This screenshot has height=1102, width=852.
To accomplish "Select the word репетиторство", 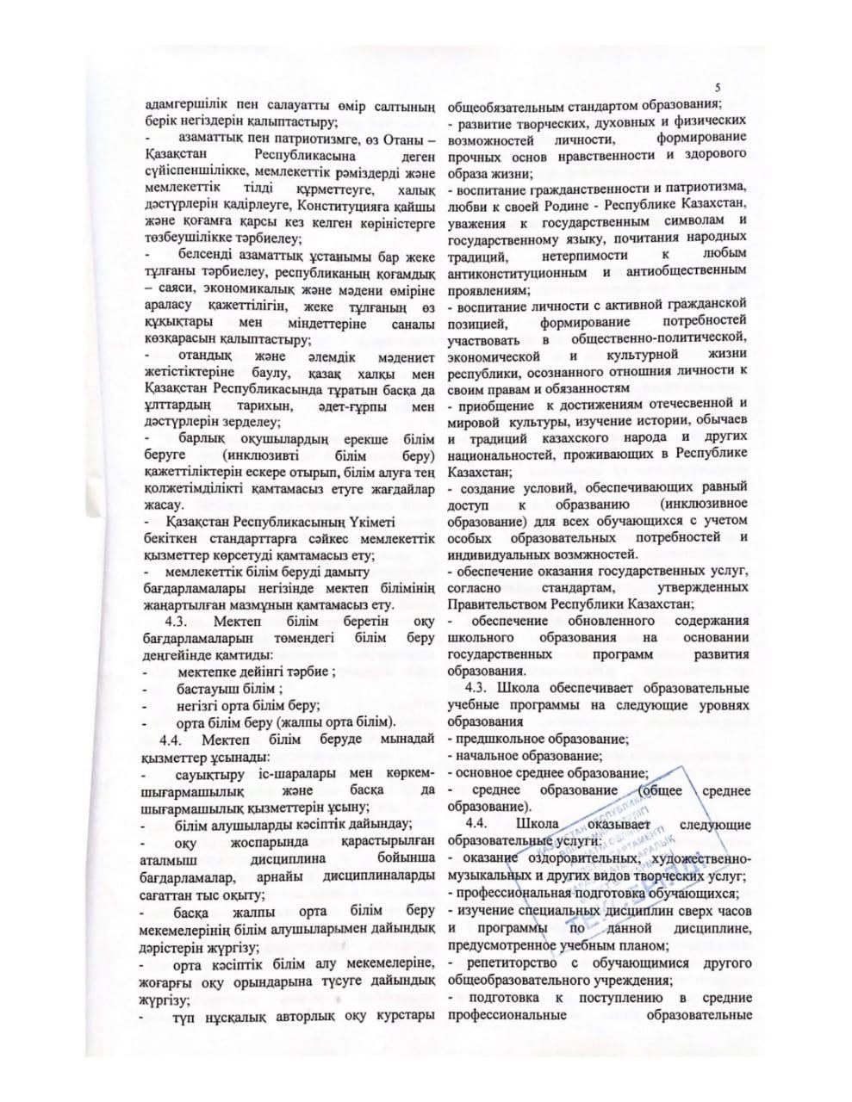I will [x=510, y=963].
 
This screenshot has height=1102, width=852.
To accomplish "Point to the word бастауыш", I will [x=208, y=690].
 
